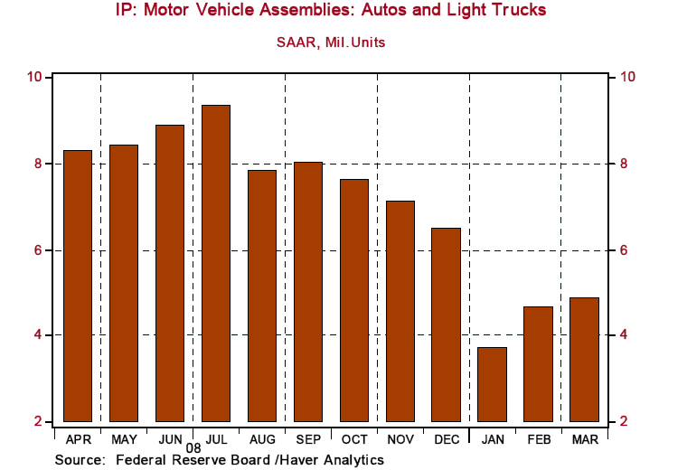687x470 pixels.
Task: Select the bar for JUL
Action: pyautogui.click(x=216, y=263)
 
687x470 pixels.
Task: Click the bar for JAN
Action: pyautogui.click(x=492, y=384)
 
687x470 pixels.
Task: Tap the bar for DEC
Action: pyautogui.click(x=446, y=324)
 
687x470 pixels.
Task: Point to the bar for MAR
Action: pyautogui.click(x=584, y=359)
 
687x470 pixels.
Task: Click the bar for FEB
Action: pyautogui.click(x=538, y=363)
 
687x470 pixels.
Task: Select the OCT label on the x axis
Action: pyautogui.click(x=353, y=438)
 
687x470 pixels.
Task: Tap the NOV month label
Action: pyautogui.click(x=400, y=438)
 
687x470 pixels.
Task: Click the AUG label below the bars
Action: pyautogui.click(x=261, y=438)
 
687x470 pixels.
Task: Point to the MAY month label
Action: pyautogui.click(x=124, y=438)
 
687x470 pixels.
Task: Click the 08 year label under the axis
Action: pyautogui.click(x=193, y=447)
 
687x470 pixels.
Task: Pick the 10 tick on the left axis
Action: pyautogui.click(x=36, y=77)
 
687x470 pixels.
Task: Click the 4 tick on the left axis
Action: pyautogui.click(x=40, y=335)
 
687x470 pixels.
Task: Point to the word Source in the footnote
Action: pyautogui.click(x=80, y=460)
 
